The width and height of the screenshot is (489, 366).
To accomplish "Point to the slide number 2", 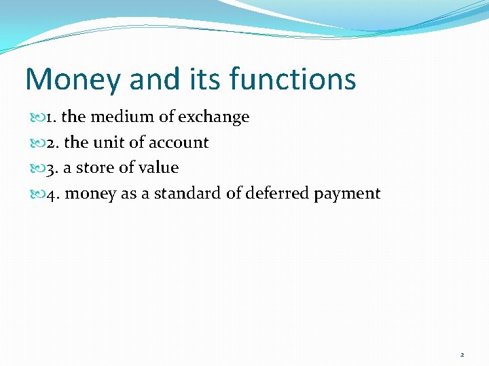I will pos(462,354).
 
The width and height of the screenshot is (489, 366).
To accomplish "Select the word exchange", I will pos(214,117).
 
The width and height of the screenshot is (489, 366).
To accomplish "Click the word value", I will pos(158,167).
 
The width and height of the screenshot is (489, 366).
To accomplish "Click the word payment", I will pos(347,193).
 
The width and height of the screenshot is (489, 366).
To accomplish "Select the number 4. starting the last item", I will pos(52,193).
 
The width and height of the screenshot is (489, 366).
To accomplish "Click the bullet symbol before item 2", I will pos(37,143).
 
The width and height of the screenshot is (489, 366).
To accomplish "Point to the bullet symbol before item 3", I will pos(37,168).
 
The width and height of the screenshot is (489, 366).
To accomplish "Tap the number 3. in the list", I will pos(52,167).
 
